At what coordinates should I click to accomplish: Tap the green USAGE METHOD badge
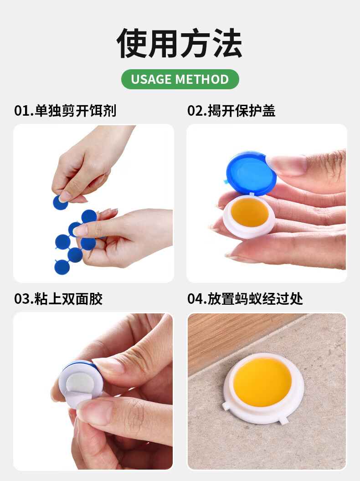pyautogui.click(x=180, y=79)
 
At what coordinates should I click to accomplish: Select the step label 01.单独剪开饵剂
pyautogui.click(x=65, y=111)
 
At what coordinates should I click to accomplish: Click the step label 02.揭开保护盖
pyautogui.click(x=231, y=111)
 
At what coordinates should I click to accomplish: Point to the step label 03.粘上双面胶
pyautogui.click(x=58, y=299)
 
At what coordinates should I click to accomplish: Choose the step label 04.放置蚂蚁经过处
pyautogui.click(x=245, y=299)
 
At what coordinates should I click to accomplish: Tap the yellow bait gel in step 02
pyautogui.click(x=250, y=212)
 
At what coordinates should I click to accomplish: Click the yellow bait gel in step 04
pyautogui.click(x=262, y=382)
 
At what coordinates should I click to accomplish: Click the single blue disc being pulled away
pyautogui.click(x=60, y=202)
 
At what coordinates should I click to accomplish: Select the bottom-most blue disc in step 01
pyautogui.click(x=62, y=267)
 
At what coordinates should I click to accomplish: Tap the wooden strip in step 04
pyautogui.click(x=233, y=341)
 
